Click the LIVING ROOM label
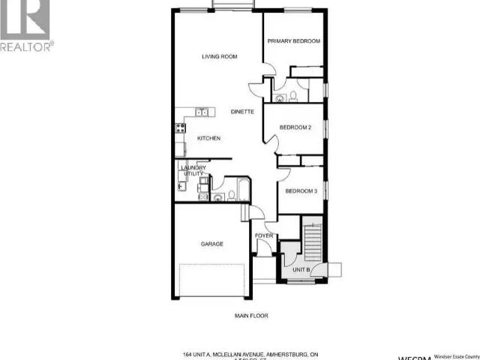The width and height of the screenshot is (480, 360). [x=220, y=56]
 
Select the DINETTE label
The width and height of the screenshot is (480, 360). [x=242, y=112]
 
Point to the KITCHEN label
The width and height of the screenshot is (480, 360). [x=208, y=139]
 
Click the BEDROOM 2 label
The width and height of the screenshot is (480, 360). [x=295, y=127]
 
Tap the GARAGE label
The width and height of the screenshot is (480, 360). [x=211, y=244]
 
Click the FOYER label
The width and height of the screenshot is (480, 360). [x=263, y=236]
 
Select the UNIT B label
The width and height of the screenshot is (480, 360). [x=301, y=268]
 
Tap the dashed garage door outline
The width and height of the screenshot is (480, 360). [x=214, y=280]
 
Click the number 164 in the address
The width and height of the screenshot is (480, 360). [x=187, y=354]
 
